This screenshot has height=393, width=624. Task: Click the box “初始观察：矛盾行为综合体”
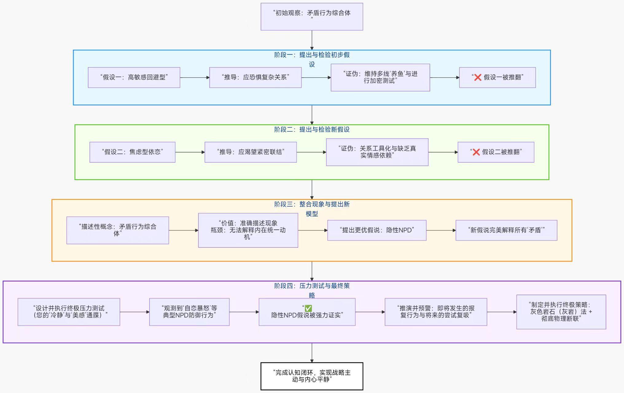(312, 17)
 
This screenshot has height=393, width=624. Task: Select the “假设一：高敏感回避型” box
(134, 77)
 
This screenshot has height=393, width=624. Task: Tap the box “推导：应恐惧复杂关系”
(255, 77)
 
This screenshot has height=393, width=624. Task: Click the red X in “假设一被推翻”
(478, 77)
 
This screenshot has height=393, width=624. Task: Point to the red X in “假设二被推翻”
(476, 152)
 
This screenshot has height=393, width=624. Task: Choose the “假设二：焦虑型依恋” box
(132, 152)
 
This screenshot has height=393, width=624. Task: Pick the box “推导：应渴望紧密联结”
(251, 152)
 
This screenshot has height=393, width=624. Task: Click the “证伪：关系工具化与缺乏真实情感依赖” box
(377, 152)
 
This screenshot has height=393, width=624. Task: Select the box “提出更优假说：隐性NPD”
(377, 230)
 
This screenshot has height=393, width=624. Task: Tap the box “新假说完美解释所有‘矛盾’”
(506, 230)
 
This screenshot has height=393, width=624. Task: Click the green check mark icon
(308, 308)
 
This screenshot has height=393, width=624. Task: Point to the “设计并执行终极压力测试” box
(69, 312)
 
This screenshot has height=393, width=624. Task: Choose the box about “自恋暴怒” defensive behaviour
(189, 312)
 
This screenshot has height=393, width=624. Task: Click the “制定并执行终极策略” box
(561, 312)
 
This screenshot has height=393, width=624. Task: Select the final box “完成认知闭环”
(312, 376)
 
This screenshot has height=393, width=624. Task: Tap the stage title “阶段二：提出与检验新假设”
(312, 130)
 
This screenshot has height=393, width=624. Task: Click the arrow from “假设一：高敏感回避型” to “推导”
(195, 78)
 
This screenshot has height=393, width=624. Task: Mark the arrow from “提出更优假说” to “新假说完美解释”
(441, 230)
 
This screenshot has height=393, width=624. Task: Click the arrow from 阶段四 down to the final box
(312, 353)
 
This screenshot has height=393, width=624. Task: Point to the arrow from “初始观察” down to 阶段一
(312, 40)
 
